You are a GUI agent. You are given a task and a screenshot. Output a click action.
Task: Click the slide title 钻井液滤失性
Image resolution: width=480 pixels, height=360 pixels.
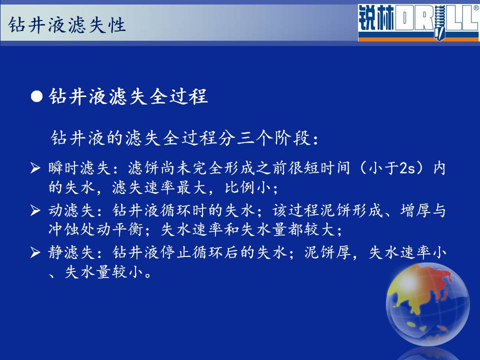67,25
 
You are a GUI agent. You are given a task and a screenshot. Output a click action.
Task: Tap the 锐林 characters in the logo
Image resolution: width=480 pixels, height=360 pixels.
376,18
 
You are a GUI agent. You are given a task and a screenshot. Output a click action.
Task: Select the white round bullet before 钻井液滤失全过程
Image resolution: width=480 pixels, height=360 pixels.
36,96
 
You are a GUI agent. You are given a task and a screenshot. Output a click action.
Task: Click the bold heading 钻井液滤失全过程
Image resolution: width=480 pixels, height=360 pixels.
128,96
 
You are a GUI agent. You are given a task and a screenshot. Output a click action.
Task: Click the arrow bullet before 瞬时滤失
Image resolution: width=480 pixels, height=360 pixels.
35,168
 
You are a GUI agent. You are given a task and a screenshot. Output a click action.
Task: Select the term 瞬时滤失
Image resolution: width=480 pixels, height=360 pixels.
79,168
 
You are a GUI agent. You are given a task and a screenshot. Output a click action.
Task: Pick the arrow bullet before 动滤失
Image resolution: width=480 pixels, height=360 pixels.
35,210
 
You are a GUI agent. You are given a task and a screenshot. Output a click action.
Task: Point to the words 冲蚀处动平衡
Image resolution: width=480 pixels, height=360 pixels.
96,229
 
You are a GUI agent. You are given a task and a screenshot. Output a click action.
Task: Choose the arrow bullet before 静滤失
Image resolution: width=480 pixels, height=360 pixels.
35,252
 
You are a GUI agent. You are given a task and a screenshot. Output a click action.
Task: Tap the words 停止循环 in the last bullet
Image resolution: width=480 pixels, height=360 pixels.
191,252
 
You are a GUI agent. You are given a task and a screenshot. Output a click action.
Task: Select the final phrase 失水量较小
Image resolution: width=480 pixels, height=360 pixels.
104,272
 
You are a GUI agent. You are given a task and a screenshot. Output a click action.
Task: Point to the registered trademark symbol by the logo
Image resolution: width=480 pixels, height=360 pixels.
476,8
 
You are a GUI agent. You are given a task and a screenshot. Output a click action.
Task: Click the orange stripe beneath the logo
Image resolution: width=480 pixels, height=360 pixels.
419,39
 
